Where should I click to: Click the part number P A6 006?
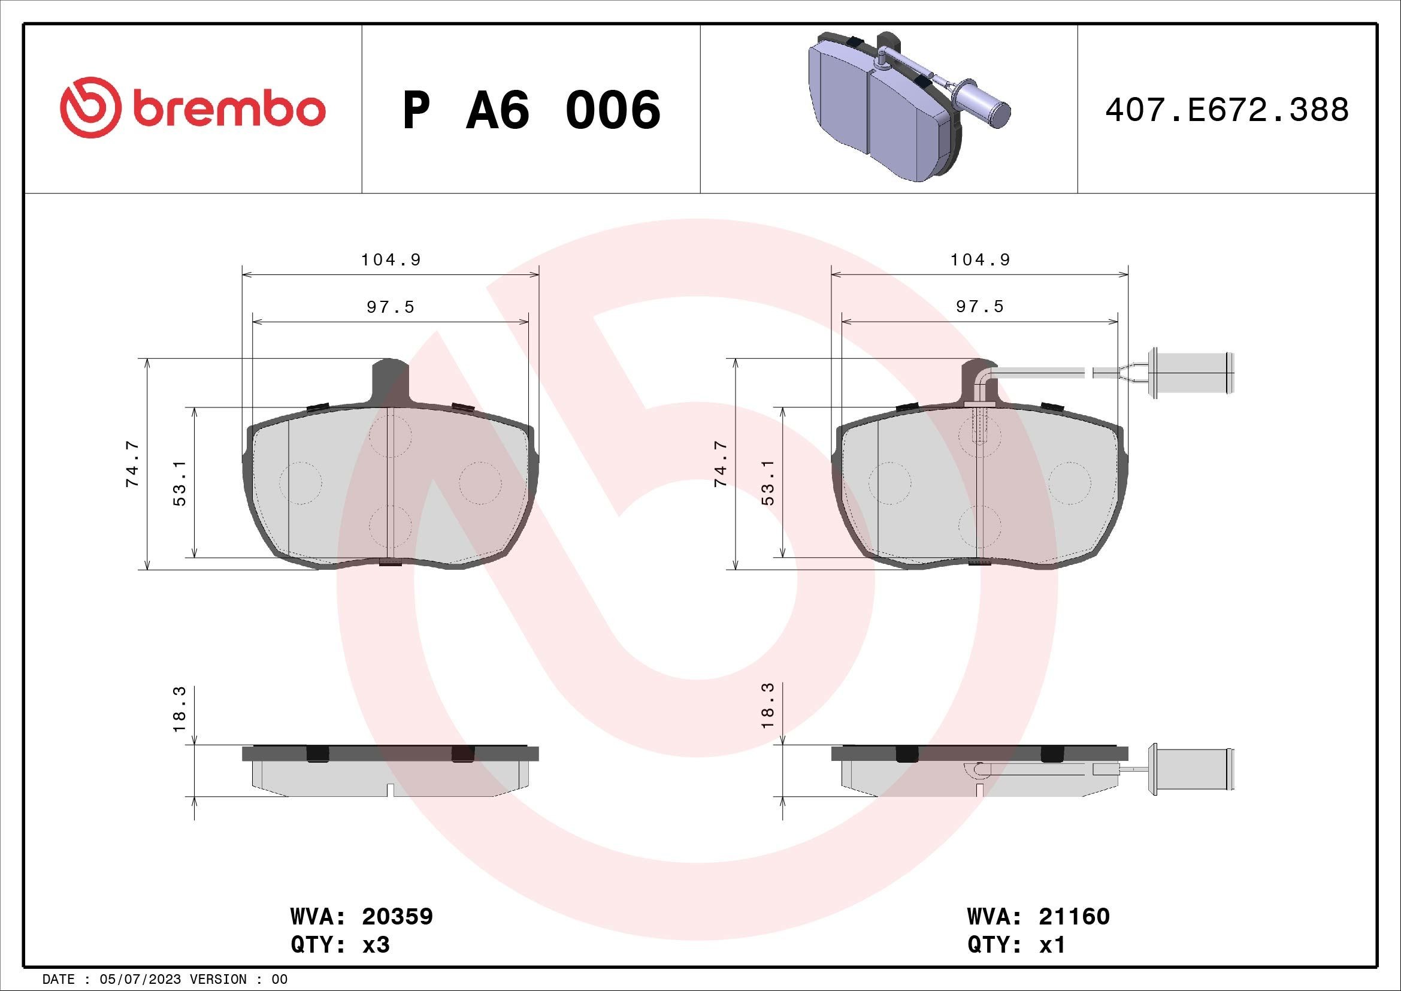pyautogui.click(x=531, y=110)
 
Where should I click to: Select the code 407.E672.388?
pyautogui.click(x=1227, y=110)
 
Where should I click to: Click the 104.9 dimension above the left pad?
pyautogui.click(x=391, y=260)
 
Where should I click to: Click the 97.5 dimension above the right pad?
pyautogui.click(x=979, y=306)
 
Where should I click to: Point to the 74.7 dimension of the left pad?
pyautogui.click(x=132, y=464)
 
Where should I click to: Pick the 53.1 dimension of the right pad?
pyautogui.click(x=768, y=483)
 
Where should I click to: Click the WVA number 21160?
pyautogui.click(x=1073, y=916)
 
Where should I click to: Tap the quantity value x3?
pyautogui.click(x=376, y=945)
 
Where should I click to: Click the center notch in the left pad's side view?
pyautogui.click(x=391, y=790)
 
